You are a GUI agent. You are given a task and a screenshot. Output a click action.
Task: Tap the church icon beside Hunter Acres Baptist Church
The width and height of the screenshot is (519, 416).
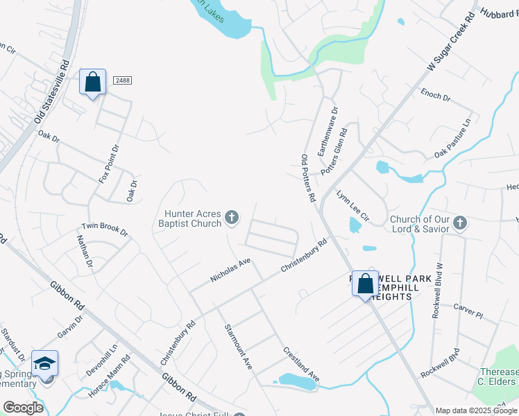[232, 219]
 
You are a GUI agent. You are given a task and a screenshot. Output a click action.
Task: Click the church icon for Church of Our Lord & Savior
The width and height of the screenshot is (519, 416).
[460, 223]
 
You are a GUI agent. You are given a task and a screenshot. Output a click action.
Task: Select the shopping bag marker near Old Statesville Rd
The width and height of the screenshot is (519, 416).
[92, 83]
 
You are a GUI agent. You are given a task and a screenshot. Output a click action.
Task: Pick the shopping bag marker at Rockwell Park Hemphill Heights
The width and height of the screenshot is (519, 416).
[366, 283]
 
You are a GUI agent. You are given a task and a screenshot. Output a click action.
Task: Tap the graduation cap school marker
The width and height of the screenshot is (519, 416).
[44, 363]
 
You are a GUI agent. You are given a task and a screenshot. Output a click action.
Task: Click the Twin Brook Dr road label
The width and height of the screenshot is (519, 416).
[105, 228]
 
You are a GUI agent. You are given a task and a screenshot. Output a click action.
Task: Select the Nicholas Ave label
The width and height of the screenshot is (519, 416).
[230, 270]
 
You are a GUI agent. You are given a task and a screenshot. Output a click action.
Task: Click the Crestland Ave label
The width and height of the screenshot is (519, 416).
[300, 364]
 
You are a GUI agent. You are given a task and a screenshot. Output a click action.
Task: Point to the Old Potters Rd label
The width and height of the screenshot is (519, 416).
[309, 178]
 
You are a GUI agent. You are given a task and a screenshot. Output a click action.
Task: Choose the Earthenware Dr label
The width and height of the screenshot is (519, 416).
[327, 130]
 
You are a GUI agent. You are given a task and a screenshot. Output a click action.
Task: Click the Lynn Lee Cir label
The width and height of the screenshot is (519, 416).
[353, 206]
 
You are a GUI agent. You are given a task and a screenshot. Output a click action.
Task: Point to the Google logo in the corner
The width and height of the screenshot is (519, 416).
[23, 408]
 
